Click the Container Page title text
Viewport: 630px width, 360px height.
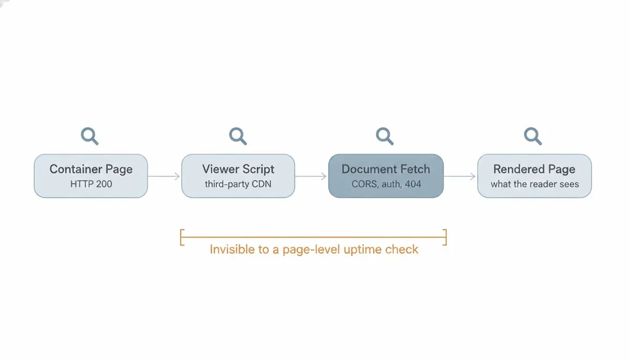[91, 169]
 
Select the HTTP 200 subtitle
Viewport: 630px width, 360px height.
[91, 184]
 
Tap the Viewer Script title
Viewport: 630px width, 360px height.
[238, 169]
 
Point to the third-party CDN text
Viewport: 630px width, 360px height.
[238, 184]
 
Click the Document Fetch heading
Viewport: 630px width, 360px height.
[386, 169]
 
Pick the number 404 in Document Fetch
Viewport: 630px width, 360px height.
[413, 184]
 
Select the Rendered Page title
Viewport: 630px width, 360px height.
[534, 169]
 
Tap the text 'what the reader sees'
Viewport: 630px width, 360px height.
[534, 184]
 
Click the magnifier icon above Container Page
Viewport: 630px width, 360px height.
[89, 136]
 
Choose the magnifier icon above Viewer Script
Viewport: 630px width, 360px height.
[238, 136]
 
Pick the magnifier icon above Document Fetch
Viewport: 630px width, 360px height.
[384, 136]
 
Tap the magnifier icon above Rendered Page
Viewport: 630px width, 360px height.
[532, 136]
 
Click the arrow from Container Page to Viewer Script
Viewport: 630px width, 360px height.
[164, 176]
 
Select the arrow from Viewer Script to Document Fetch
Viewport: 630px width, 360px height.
[311, 176]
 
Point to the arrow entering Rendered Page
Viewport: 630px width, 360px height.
[459, 176]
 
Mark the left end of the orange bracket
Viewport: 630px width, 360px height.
[181, 237]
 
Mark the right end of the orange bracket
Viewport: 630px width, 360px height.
[446, 237]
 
